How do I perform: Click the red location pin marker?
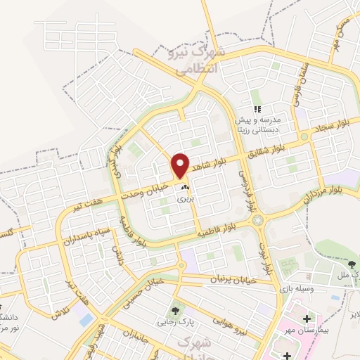[x=181, y=165]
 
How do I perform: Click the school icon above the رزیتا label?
[x=257, y=109]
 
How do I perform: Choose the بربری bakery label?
[x=184, y=199]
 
